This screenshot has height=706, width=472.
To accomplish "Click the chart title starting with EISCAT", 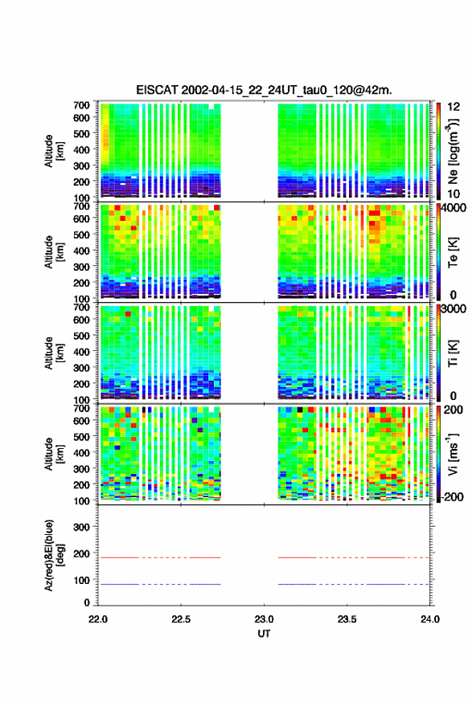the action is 265,90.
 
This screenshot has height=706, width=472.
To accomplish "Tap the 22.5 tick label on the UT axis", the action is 181,619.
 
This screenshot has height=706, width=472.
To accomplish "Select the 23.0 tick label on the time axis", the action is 265,619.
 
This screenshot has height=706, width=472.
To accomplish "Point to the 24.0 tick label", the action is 430,619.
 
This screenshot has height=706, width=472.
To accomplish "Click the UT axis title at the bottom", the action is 265,634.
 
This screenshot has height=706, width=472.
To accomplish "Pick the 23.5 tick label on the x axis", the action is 347,619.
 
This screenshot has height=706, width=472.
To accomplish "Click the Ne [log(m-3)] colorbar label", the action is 453,152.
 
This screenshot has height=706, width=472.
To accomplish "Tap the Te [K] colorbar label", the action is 453,252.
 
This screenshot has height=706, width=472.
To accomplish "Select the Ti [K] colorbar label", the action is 453,353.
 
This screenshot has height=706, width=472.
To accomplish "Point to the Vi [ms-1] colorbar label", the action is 453,455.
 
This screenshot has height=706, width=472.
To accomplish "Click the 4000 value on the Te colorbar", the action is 454,208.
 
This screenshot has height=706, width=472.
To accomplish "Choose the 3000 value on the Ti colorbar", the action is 454,309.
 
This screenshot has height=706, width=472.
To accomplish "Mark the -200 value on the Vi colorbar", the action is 452,497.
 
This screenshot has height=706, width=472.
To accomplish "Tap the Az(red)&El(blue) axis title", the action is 55,555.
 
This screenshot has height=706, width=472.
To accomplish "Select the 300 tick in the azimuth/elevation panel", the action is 81,527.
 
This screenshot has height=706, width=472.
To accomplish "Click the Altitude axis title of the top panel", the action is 54,151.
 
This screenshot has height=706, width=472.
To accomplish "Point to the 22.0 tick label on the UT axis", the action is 98,619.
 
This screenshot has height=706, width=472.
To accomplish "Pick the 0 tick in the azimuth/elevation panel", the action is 87,602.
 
